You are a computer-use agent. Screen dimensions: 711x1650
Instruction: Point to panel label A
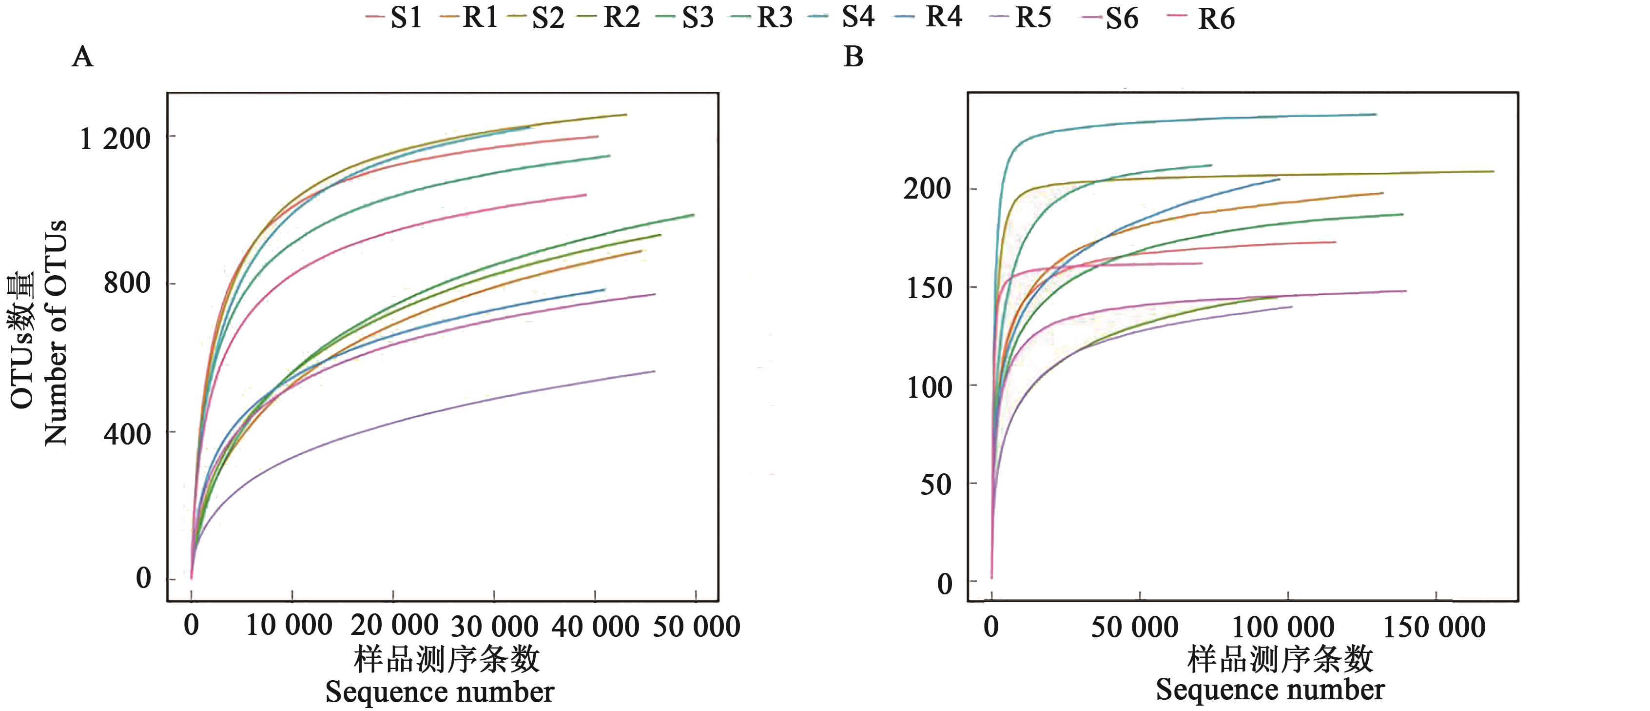(83, 57)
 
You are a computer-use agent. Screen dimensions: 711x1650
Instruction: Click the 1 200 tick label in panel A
(115, 138)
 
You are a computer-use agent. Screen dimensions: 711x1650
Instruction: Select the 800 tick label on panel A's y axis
(127, 282)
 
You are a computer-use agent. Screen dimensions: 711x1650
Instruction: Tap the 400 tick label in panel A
(127, 434)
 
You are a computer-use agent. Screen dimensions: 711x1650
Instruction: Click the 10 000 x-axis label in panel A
(289, 625)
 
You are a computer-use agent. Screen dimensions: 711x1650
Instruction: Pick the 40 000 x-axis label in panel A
(595, 627)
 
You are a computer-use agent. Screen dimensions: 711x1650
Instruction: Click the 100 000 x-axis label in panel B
(1283, 627)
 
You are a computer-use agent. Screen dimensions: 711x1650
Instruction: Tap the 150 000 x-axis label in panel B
(1434, 627)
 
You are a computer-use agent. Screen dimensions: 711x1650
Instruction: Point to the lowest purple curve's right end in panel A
(654, 371)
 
